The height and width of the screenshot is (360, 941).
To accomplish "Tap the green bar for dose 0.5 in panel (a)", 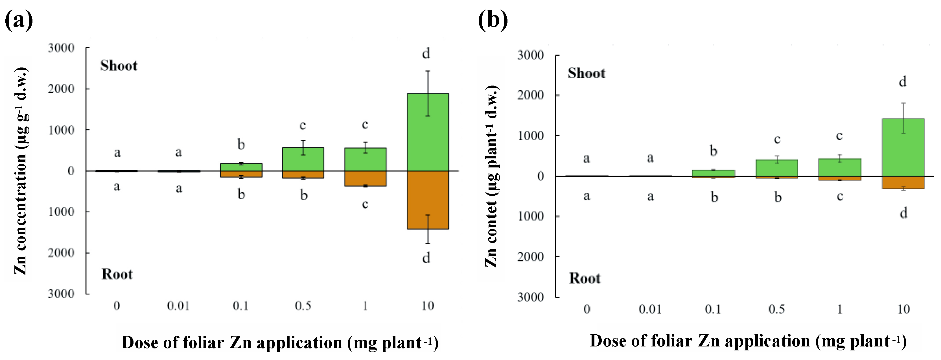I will point(303,159).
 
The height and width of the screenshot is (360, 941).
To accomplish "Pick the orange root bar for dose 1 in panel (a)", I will point(365,178).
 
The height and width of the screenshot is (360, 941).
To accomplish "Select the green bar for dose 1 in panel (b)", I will point(839,167).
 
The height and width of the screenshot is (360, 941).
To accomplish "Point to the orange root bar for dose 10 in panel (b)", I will point(903,182).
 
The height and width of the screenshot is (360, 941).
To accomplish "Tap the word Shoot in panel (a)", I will point(119,66).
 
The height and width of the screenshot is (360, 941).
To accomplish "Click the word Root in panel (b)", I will point(585,278).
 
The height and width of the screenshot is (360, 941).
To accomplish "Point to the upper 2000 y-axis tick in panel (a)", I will point(61,89).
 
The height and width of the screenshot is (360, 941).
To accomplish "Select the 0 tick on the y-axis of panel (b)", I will point(540,176).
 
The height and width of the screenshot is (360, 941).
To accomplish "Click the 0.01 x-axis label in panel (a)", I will point(178,306).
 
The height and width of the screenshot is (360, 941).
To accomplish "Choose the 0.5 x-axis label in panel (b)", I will point(776,309).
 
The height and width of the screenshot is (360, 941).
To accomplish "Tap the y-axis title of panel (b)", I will point(491,176).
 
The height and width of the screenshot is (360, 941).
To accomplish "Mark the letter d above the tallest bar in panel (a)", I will point(426,54).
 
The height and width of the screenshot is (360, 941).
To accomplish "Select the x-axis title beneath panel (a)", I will point(279,343).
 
